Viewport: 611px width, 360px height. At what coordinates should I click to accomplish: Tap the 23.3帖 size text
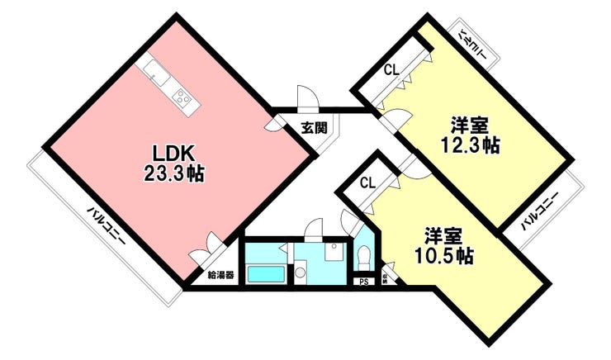click(x=173, y=173)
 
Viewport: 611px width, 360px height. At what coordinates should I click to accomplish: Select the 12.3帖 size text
click(x=471, y=145)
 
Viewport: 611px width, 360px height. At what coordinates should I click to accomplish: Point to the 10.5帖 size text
click(x=444, y=256)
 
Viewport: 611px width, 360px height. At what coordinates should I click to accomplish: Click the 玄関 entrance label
click(x=314, y=128)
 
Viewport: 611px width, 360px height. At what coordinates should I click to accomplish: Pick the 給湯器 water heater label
click(x=220, y=275)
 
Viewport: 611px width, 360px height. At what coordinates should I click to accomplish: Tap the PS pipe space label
click(x=364, y=282)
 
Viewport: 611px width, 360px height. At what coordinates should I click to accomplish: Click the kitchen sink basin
click(x=156, y=73)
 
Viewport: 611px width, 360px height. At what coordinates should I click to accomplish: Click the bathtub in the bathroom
click(x=266, y=275)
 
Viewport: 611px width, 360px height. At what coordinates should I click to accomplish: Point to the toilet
click(x=363, y=257)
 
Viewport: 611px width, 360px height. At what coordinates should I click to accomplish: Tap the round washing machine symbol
click(x=301, y=271)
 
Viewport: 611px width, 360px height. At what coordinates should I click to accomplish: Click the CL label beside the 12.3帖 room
click(x=391, y=70)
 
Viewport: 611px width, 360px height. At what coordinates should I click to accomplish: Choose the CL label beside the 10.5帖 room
click(x=367, y=182)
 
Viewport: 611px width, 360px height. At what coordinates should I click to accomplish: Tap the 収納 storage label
click(x=386, y=278)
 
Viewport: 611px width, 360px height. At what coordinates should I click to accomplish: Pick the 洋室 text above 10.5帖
click(x=444, y=236)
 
